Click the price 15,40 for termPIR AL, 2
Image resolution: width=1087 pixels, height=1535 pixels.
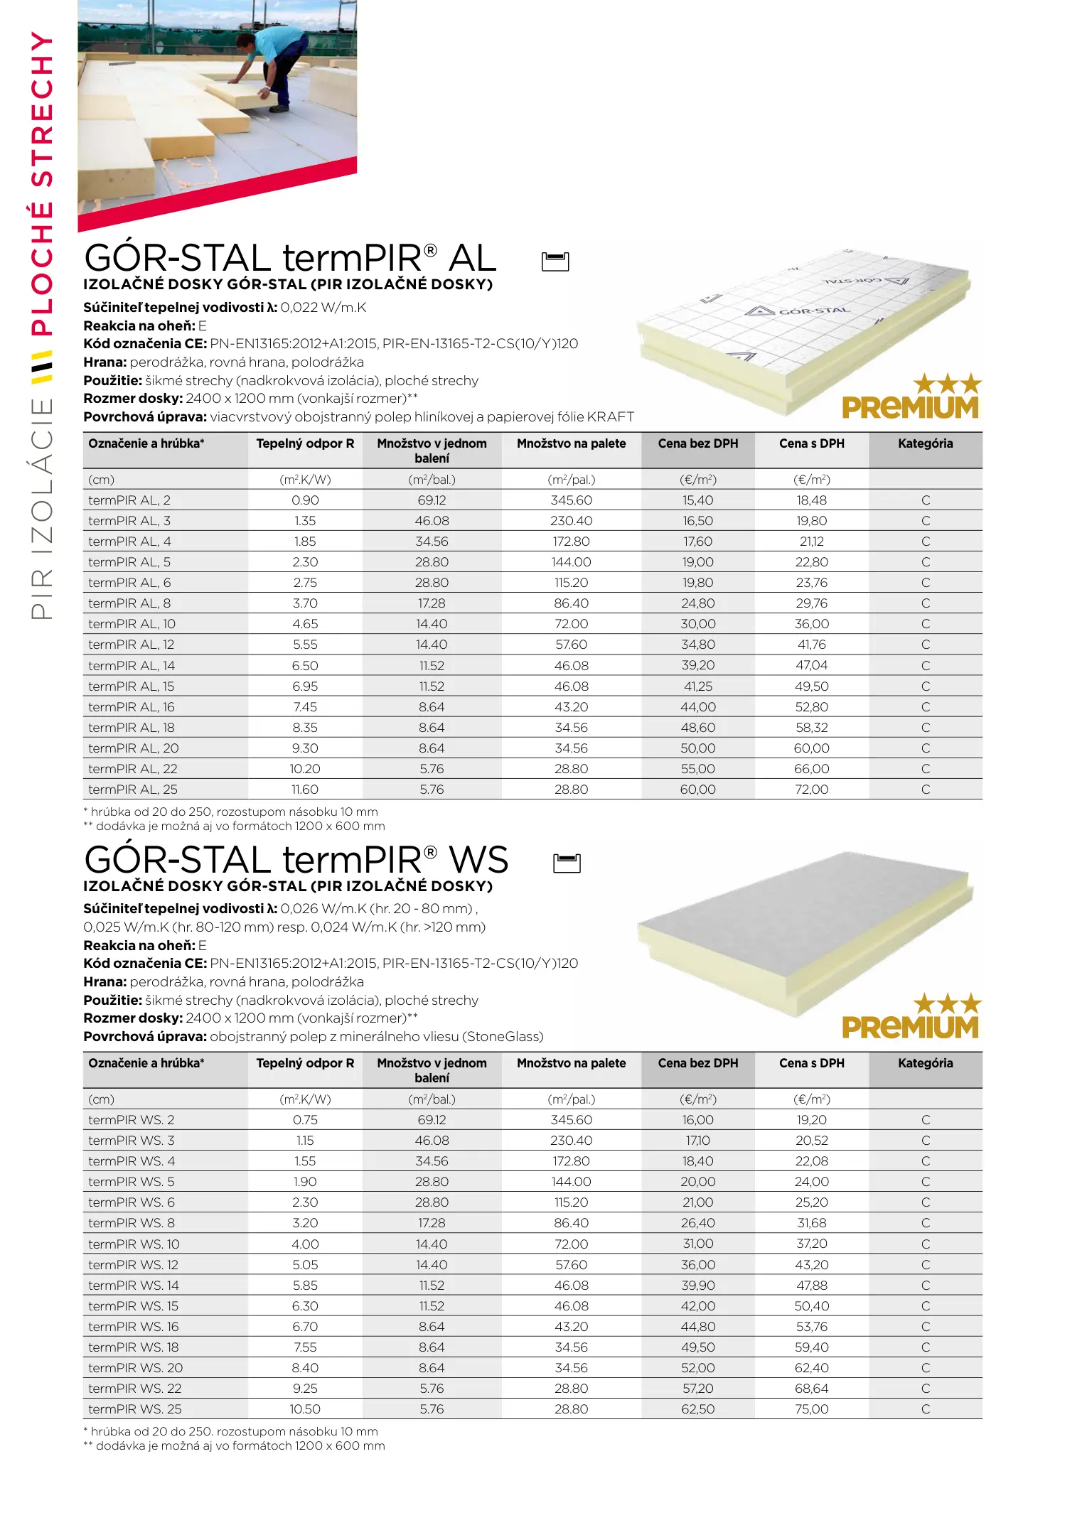click(697, 500)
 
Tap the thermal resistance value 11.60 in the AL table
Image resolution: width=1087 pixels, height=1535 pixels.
click(305, 790)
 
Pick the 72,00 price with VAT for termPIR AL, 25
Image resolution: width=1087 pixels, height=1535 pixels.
click(811, 790)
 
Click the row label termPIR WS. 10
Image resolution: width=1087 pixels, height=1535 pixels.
click(134, 1244)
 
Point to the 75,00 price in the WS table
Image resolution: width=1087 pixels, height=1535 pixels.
click(811, 1409)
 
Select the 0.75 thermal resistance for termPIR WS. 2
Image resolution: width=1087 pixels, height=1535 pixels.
click(305, 1120)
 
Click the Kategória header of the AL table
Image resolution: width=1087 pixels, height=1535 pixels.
click(925, 443)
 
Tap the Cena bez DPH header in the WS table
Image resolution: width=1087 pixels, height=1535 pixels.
click(697, 1063)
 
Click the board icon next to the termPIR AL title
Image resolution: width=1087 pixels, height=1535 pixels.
click(555, 262)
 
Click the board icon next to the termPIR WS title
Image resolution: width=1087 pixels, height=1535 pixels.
click(567, 863)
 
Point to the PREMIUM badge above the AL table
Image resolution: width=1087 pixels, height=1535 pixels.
click(911, 398)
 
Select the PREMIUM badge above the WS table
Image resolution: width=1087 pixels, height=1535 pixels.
click(911, 1018)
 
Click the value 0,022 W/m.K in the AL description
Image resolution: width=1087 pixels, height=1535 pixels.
click(323, 308)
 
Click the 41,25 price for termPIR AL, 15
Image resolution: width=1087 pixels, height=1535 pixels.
click(697, 686)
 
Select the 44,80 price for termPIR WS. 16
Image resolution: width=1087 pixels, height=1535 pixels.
click(697, 1327)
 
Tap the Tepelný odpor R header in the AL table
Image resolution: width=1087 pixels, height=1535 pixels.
click(305, 443)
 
